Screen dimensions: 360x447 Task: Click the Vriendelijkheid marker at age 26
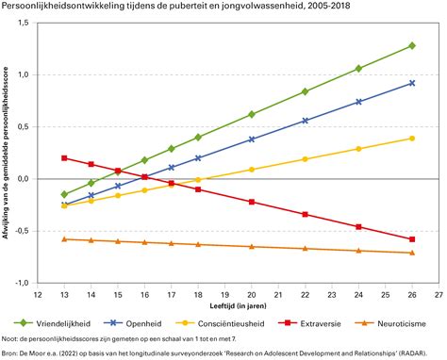411,45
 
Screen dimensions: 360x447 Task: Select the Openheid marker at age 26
411,83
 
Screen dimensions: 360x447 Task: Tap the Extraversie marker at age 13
64,158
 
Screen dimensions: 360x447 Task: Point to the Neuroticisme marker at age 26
411,253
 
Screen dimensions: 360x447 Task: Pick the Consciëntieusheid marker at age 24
357,149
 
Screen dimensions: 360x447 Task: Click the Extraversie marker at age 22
305,214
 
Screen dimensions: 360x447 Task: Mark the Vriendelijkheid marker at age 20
251,114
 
